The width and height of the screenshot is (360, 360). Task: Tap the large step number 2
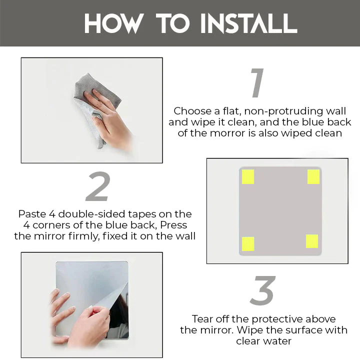[x=97, y=188]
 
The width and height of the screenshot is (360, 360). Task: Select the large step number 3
[x=262, y=291]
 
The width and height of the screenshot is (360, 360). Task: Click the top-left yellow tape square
[x=248, y=176]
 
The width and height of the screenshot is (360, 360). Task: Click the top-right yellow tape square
[x=313, y=176]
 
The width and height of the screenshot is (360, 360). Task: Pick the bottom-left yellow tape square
[x=248, y=243]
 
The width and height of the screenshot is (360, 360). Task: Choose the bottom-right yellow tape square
[x=312, y=241]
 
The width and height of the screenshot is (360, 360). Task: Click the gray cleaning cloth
[x=92, y=105]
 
